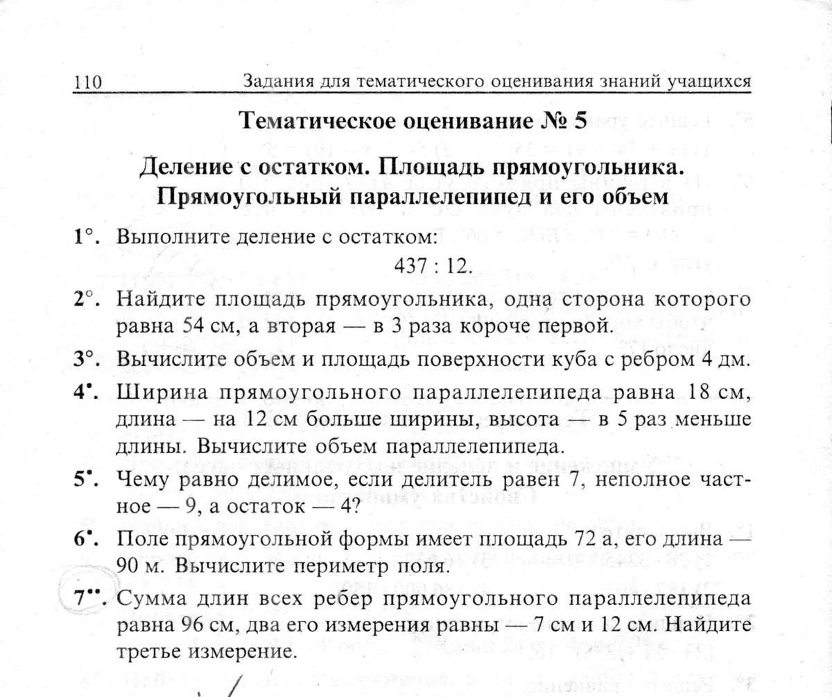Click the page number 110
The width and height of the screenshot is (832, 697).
88,82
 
